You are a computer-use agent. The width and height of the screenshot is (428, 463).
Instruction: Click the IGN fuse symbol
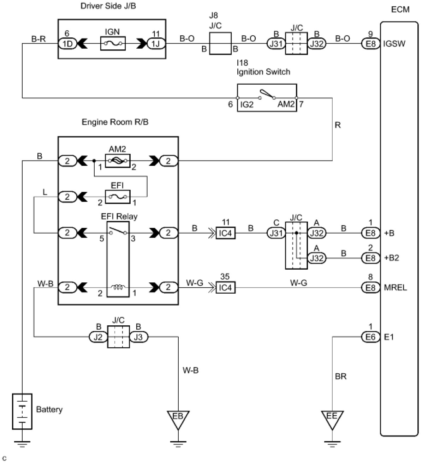tap(113, 43)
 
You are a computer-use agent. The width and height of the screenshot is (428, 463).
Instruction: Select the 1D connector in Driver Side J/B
tap(67, 44)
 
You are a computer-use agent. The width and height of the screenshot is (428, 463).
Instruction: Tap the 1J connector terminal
tap(156, 44)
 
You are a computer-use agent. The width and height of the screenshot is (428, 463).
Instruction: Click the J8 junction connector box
tap(220, 43)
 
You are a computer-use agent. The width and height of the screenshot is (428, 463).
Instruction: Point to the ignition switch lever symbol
tap(267, 94)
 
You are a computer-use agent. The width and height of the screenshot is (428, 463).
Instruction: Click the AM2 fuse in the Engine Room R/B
tap(118, 161)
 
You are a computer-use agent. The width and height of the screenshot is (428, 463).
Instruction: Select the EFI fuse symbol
tap(118, 197)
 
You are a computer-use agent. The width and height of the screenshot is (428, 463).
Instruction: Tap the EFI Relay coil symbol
tap(118, 287)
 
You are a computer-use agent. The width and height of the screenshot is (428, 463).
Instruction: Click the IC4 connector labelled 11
tap(225, 233)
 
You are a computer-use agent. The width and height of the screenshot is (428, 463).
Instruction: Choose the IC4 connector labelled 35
tap(225, 288)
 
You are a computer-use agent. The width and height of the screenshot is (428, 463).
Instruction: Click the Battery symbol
tap(22, 411)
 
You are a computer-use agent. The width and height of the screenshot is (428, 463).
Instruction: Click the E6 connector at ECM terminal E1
tap(370, 337)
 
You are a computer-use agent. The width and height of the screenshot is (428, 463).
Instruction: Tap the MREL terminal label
tap(395, 288)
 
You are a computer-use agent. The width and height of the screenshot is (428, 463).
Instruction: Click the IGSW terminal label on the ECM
tap(394, 44)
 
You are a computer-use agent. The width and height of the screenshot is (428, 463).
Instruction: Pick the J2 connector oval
tap(98, 337)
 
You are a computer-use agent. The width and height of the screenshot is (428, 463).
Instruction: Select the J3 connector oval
tap(139, 337)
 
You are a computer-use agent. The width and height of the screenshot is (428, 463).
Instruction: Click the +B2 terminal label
tap(391, 258)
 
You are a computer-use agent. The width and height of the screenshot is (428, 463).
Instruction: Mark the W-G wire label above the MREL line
tap(298, 283)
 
